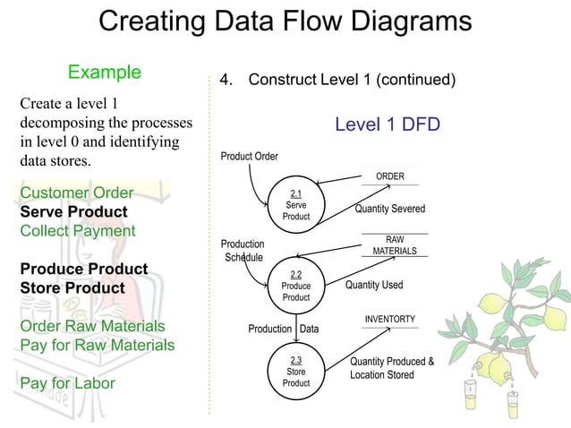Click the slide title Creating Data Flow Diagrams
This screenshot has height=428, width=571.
pyautogui.click(x=285, y=21)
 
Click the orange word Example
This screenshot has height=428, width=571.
pyautogui.click(x=105, y=72)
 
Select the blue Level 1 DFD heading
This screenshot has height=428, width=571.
pyautogui.click(x=387, y=124)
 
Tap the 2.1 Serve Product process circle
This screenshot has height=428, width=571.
pyautogui.click(x=295, y=205)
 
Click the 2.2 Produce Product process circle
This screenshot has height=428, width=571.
pyautogui.click(x=295, y=286)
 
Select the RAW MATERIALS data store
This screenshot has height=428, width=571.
pyautogui.click(x=394, y=245)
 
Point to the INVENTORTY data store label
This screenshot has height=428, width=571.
pyautogui.click(x=388, y=320)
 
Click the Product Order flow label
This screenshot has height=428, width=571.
pyautogui.click(x=249, y=157)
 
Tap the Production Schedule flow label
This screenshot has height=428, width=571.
pyautogui.click(x=243, y=251)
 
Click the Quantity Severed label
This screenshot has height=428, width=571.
pyautogui.click(x=389, y=209)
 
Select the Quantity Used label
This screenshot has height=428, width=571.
pyautogui.click(x=374, y=286)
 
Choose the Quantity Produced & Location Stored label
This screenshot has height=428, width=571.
pyautogui.click(x=391, y=368)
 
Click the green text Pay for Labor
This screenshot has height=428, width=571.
pyautogui.click(x=67, y=383)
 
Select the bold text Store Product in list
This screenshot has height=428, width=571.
pyautogui.click(x=72, y=288)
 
